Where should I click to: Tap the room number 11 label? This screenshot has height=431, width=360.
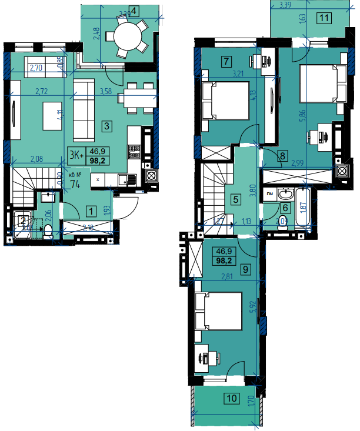click(x=324, y=17)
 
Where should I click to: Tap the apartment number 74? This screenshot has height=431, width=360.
click(x=75, y=183)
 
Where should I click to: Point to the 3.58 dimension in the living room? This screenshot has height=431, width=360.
click(x=106, y=91)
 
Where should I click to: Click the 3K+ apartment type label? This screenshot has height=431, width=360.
click(x=76, y=155)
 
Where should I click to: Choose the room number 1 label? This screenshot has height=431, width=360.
click(x=91, y=209)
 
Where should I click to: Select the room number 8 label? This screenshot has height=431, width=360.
click(x=283, y=156)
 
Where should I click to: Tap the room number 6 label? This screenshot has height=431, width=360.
click(x=285, y=207)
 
